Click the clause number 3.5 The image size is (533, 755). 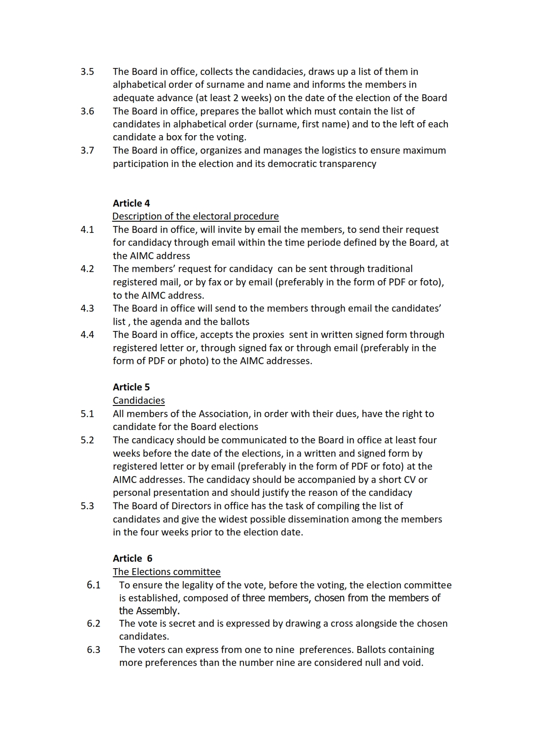coord(87,72)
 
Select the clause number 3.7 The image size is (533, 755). coord(87,151)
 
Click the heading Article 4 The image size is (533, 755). coord(131,203)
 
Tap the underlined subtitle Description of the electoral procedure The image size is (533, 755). coord(195,216)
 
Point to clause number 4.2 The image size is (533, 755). coord(87,269)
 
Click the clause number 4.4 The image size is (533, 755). coord(87,335)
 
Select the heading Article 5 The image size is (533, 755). coord(131,387)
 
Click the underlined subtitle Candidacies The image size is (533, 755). coord(139,400)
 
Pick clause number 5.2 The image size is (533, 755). coord(87,440)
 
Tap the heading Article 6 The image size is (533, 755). coord(132,558)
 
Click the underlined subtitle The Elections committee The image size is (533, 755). coord(166,572)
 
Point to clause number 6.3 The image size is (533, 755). coord(93,650)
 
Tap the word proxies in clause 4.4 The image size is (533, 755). coord(266,335)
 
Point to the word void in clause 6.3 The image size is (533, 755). coord(413,663)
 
